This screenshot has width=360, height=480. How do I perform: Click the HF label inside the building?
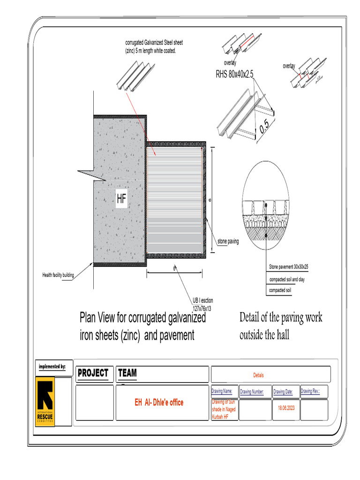click(121, 199)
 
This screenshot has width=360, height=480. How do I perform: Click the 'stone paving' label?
click(228, 242)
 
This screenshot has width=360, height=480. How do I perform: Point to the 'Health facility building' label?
click(58, 275)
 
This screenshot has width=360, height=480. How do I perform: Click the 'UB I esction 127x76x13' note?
click(202, 304)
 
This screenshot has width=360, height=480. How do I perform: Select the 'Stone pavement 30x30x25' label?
click(288, 267)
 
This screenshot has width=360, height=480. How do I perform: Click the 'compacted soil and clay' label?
click(287, 279)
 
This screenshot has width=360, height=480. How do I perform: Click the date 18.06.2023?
click(285, 407)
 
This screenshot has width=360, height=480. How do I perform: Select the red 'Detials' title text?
click(259, 375)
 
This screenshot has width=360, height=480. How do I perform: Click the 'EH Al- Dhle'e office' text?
click(159, 403)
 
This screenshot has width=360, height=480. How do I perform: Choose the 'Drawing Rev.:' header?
click(313, 391)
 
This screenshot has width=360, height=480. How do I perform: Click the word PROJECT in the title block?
click(93, 373)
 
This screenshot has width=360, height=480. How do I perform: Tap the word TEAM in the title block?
click(127, 373)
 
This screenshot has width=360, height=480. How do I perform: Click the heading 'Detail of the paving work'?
click(281, 318)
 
